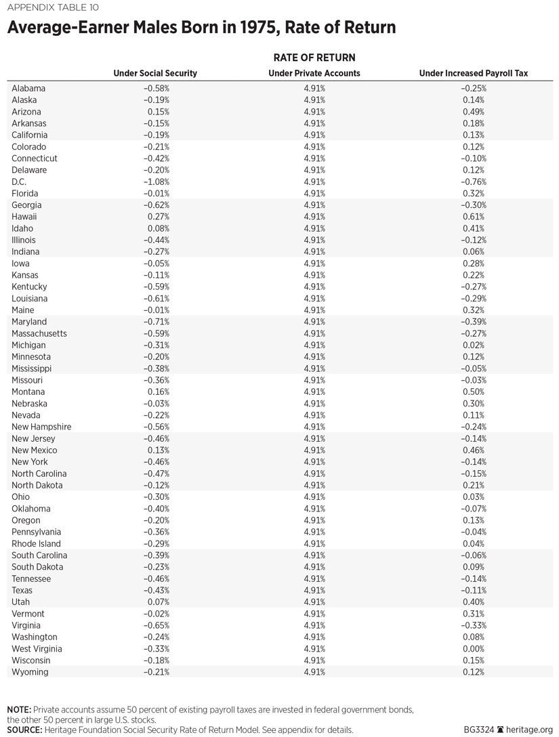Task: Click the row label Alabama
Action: tap(28, 88)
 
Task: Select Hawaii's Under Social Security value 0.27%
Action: tap(159, 217)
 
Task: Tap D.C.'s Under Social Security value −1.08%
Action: tap(156, 182)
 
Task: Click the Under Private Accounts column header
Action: tap(314, 73)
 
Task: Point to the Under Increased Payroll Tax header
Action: tap(474, 73)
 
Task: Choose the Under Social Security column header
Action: tap(155, 73)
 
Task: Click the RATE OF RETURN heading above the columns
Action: tap(314, 58)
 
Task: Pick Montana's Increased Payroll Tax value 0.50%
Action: tap(473, 392)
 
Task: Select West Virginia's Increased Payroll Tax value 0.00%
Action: tap(473, 648)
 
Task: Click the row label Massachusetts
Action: tap(39, 333)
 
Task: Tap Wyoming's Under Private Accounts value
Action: tap(314, 672)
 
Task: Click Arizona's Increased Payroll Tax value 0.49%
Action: tap(473, 112)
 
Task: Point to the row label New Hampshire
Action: tap(41, 427)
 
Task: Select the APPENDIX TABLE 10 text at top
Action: tap(49, 9)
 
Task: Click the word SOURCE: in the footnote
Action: tap(24, 730)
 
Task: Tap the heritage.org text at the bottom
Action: tap(528, 730)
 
